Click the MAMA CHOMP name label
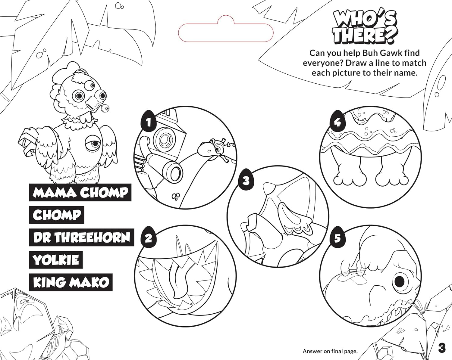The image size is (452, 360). click(80, 192)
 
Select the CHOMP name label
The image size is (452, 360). click(57, 215)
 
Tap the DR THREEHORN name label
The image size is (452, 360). click(81, 237)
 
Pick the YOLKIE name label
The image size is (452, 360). click(56, 260)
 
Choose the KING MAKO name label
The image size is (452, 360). click(71, 282)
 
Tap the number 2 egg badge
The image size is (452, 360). click(149, 237)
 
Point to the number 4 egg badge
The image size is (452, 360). click(337, 121)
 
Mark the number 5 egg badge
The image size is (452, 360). click(337, 238)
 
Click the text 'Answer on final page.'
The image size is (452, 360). click(330, 351)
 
